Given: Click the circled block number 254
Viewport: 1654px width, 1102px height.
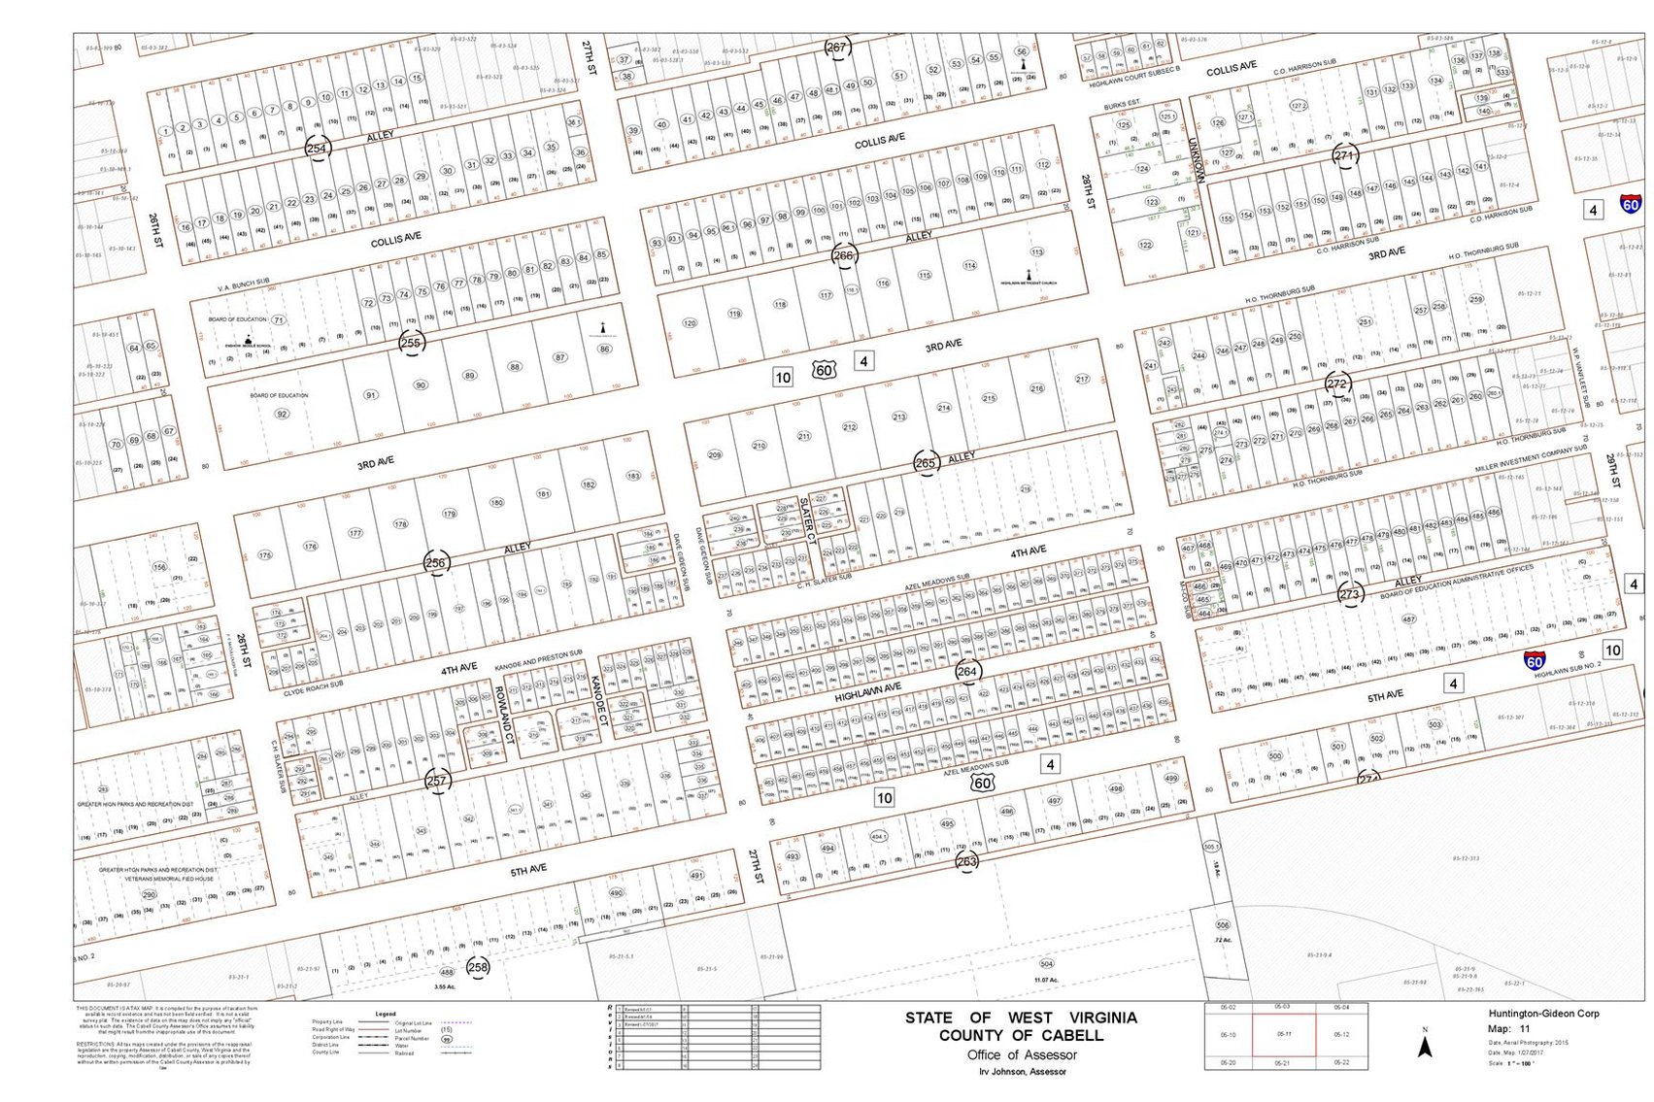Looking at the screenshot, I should tap(317, 149).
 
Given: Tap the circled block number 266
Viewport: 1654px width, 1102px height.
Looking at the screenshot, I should tap(843, 256).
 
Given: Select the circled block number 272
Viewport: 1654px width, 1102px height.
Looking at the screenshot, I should tap(1337, 384).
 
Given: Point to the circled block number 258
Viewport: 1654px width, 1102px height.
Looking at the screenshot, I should tap(478, 966).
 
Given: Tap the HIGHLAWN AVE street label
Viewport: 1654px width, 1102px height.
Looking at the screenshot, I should tap(868, 692).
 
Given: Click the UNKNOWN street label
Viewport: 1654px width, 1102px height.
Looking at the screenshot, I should tap(1196, 159).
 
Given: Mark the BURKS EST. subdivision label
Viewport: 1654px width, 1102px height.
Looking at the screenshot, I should tap(1122, 103).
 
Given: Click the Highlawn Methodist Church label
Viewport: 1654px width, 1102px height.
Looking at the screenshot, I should tap(1030, 283).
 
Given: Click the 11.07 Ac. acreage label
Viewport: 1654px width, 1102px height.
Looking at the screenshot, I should tap(1046, 980).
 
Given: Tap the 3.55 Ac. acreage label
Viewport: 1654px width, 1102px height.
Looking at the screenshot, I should tap(445, 986).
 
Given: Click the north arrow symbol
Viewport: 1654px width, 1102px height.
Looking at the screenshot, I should tap(1425, 1046).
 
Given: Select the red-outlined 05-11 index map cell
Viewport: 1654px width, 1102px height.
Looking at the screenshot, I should tap(1283, 1035).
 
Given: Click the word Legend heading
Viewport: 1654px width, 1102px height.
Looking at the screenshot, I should tap(385, 1014).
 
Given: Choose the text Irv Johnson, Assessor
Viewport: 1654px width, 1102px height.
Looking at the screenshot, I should tap(1022, 1072).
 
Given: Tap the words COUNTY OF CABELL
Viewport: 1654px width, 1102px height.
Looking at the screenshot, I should tap(1021, 1035).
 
